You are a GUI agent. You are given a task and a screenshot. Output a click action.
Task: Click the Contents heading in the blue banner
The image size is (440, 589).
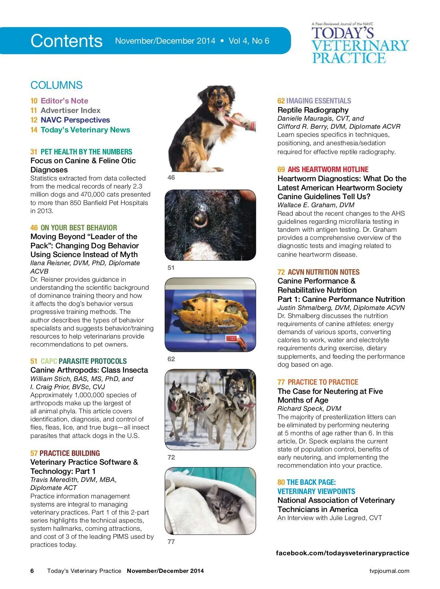tap(66, 41)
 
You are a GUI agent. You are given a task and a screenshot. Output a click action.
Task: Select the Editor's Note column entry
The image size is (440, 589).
tap(64, 101)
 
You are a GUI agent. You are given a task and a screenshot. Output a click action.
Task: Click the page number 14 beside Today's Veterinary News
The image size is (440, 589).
tap(34, 130)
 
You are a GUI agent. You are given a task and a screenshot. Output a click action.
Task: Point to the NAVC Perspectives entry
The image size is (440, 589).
tap(75, 120)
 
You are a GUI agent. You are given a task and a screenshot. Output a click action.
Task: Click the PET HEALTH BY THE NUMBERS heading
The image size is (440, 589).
tap(86, 152)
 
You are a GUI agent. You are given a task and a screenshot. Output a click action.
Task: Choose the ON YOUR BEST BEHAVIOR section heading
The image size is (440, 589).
tap(78, 228)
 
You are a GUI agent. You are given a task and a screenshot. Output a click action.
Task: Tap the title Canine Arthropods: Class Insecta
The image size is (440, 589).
tap(89, 370)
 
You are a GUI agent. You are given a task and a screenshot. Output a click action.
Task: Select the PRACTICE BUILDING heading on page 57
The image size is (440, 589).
tap(70, 453)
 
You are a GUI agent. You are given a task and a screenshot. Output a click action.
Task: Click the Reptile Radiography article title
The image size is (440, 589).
tap(313, 110)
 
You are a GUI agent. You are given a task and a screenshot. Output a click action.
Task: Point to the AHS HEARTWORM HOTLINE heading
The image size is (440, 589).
tap(328, 169)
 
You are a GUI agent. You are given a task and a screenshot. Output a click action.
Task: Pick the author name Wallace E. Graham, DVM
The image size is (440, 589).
tap(316, 205)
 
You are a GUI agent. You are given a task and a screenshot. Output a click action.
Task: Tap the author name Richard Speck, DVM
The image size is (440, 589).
tap(309, 409)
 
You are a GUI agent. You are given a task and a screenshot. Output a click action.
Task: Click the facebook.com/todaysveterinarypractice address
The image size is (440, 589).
tap(342, 553)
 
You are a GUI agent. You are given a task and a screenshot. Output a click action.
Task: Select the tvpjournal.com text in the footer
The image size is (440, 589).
tap(389, 571)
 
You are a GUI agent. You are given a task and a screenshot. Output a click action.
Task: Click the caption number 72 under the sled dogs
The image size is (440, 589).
tap(171, 457)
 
